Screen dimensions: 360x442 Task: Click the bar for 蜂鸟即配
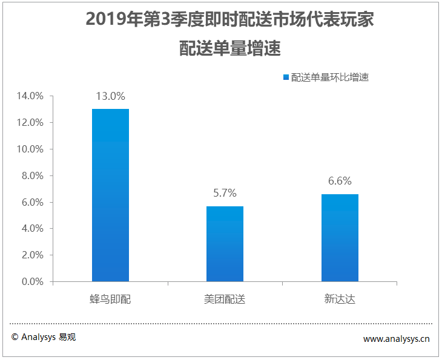click(x=110, y=195)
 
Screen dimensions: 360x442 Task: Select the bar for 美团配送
click(x=225, y=244)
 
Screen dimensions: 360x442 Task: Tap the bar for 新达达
click(x=340, y=238)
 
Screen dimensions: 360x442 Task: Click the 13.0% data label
click(x=110, y=96)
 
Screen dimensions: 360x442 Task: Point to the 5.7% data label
click(x=225, y=193)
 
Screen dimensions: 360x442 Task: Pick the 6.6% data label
click(x=340, y=181)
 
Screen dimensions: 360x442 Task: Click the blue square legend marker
click(x=286, y=77)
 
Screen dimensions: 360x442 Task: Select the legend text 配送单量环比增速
click(x=330, y=77)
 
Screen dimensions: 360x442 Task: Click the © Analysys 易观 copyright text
click(x=44, y=337)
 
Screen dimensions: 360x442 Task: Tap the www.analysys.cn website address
click(x=396, y=339)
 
